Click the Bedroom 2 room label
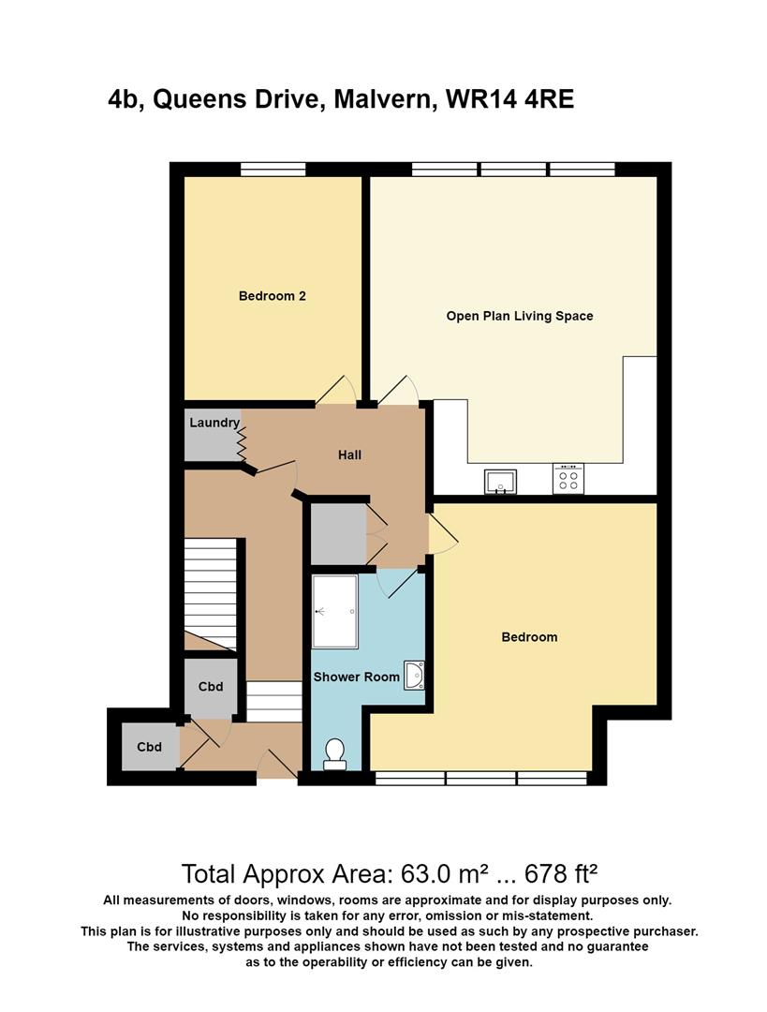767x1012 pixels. pyautogui.click(x=272, y=296)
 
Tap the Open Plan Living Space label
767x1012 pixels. pyautogui.click(x=519, y=316)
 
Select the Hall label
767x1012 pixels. pyautogui.click(x=349, y=455)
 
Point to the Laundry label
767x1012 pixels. pyautogui.click(x=214, y=423)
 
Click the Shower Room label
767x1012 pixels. pyautogui.click(x=356, y=677)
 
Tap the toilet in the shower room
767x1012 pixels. pyautogui.click(x=334, y=754)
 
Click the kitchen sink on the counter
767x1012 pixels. pyautogui.click(x=501, y=482)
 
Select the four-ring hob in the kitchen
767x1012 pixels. pyautogui.click(x=568, y=479)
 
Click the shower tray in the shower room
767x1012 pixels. pyautogui.click(x=334, y=611)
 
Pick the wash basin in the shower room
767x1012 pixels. pyautogui.click(x=414, y=676)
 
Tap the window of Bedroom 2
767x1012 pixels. pyautogui.click(x=273, y=169)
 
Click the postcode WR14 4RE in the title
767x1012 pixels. pyautogui.click(x=509, y=99)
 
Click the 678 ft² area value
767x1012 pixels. pyautogui.click(x=561, y=874)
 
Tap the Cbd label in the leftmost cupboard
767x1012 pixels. pyautogui.click(x=149, y=747)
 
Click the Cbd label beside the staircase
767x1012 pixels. pyautogui.click(x=211, y=686)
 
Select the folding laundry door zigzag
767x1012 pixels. pyautogui.click(x=242, y=443)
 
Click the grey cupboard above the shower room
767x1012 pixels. pyautogui.click(x=339, y=534)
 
